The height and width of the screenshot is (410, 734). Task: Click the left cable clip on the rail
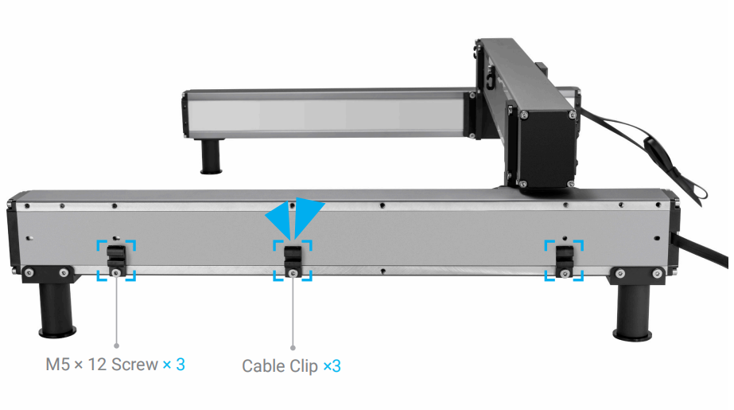click(x=116, y=256)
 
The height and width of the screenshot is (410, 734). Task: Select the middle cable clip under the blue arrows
click(x=293, y=256)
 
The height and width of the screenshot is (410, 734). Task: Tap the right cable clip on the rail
click(x=564, y=256)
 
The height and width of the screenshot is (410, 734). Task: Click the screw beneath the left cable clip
click(x=117, y=273)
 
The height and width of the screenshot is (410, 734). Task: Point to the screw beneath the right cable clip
click(x=565, y=274)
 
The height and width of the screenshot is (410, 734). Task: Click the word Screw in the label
click(x=134, y=365)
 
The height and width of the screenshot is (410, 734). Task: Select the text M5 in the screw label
click(x=55, y=365)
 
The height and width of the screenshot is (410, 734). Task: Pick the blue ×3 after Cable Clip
click(x=332, y=366)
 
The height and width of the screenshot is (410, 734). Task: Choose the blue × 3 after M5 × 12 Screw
click(x=174, y=365)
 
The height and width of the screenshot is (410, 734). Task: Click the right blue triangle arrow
click(x=308, y=214)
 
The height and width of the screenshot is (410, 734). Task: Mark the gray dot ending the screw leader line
click(x=117, y=346)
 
